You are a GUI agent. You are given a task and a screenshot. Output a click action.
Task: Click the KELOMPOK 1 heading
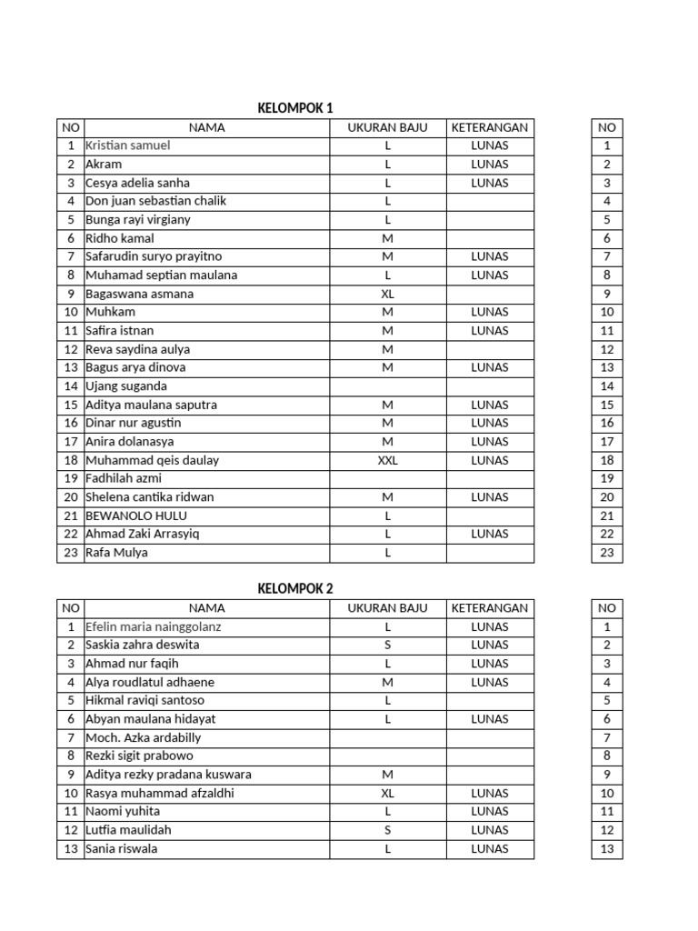point(295,108)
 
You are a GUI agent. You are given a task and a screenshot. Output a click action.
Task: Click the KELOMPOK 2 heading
point(295,588)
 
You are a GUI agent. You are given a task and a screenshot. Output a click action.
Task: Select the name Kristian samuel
point(128,145)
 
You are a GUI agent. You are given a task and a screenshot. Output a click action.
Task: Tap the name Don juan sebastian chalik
point(155,201)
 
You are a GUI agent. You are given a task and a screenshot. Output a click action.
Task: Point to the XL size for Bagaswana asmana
point(387,294)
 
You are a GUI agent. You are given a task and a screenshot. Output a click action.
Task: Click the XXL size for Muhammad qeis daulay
point(387,460)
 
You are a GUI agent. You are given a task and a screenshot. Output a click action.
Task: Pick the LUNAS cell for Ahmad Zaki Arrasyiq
point(490,534)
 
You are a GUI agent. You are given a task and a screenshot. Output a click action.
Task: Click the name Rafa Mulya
point(116,553)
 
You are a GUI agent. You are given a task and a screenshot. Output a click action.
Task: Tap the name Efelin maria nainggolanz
point(153,626)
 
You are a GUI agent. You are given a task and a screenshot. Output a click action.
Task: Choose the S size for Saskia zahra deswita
point(387,645)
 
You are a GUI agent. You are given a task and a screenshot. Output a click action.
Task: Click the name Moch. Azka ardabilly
point(143,737)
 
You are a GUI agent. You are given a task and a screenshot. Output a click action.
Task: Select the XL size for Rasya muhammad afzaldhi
point(387,793)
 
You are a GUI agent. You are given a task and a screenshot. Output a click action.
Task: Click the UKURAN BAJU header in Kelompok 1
point(387,127)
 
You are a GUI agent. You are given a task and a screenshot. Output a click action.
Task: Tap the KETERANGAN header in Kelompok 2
point(490,607)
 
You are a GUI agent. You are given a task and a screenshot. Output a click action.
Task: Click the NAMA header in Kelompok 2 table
point(206,607)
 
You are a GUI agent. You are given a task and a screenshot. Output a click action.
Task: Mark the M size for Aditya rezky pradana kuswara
point(387,775)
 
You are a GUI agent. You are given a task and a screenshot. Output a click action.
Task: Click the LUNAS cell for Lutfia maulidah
point(490,830)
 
